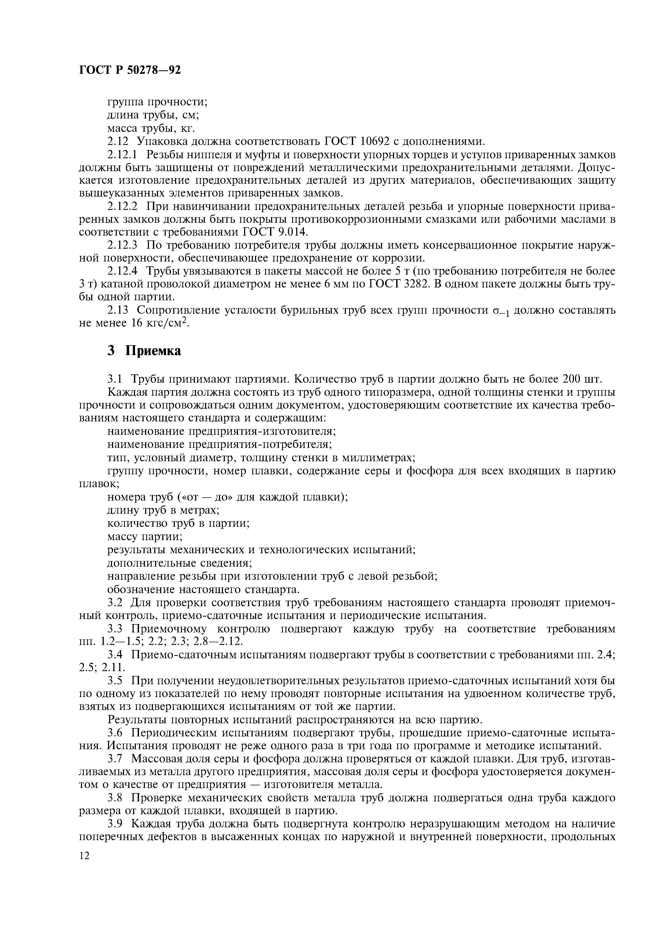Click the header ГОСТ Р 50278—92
129,71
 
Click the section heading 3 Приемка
144,351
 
